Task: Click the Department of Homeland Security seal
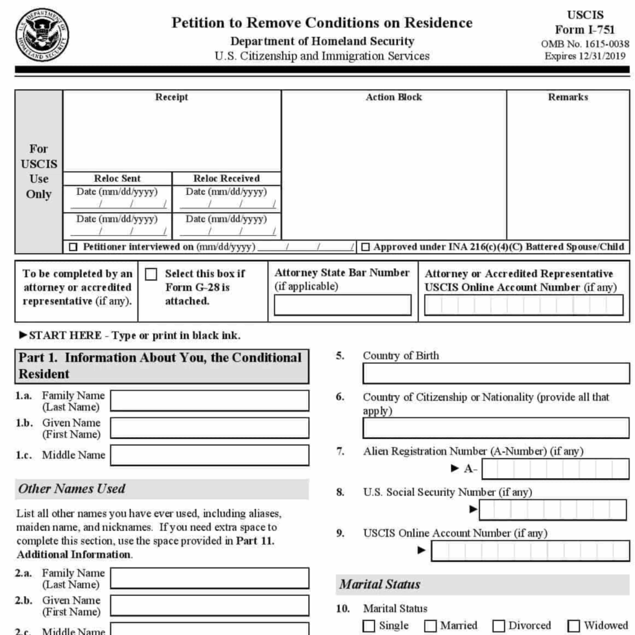pos(42,35)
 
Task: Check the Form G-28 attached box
pos(151,274)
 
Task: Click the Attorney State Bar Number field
pos(342,304)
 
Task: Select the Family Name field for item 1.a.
pos(210,401)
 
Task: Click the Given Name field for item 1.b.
pos(210,428)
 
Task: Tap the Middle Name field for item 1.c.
pos(210,455)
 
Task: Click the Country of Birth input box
pos(496,373)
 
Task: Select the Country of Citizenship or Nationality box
pos(496,428)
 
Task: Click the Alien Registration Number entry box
pos(556,469)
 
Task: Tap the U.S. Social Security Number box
pos(554,510)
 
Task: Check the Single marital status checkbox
pos(369,626)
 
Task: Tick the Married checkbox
pos(430,626)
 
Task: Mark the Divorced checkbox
pos(499,626)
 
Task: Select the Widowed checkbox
pos(574,626)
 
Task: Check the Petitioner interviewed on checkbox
pos(74,247)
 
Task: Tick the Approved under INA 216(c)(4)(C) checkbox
pos(366,247)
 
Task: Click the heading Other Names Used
pos(72,489)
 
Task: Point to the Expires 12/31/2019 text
pos(586,56)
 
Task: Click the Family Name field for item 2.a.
pos(210,578)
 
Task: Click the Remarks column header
pos(568,97)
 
